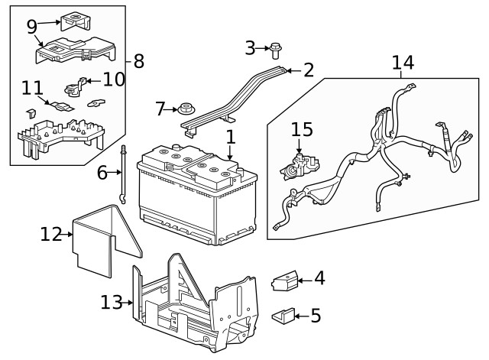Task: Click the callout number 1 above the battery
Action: (x=230, y=138)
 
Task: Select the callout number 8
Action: (x=138, y=61)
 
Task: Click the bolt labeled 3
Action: (x=276, y=50)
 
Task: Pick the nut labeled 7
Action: (x=184, y=109)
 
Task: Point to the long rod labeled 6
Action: (x=122, y=174)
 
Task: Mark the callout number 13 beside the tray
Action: (x=112, y=303)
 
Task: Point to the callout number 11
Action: (x=32, y=89)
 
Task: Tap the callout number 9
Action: (x=31, y=27)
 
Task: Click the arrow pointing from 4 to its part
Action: (x=303, y=280)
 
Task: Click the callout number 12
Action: (x=51, y=234)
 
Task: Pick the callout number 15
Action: (x=301, y=130)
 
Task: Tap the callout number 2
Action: (x=308, y=70)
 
